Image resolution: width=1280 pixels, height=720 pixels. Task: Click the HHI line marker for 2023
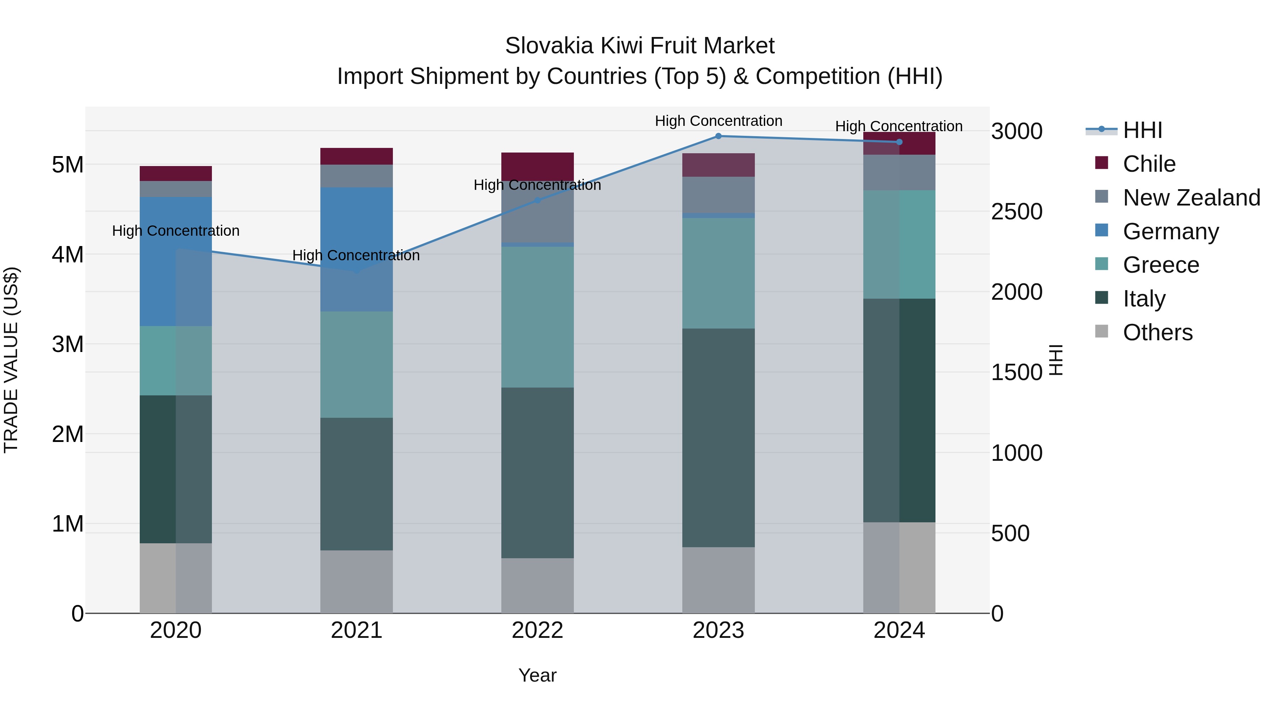click(718, 136)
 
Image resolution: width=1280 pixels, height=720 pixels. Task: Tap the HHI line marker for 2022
click(537, 200)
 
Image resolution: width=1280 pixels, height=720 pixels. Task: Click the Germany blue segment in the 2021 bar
click(356, 249)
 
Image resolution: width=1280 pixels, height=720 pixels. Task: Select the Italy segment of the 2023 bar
click(718, 437)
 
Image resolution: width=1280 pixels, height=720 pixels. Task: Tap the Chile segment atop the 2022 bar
click(537, 166)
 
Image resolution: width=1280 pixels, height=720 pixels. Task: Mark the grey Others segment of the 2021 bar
click(356, 581)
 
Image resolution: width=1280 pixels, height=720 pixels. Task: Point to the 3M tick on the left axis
click(68, 344)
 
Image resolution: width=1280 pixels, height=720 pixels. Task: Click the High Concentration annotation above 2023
click(718, 121)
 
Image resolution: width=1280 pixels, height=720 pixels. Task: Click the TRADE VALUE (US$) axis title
click(11, 360)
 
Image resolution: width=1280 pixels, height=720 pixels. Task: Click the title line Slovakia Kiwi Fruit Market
click(640, 46)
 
